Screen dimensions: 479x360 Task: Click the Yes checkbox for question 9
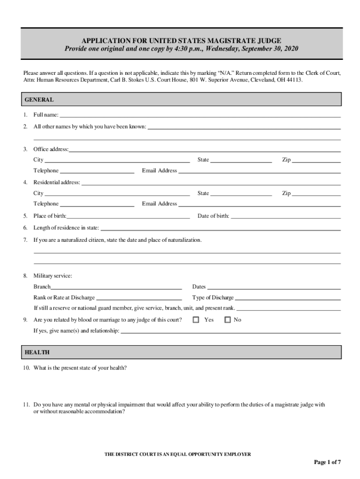click(x=196, y=320)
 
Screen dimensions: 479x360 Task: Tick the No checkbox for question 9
click(x=228, y=320)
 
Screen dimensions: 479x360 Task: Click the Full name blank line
click(x=200, y=115)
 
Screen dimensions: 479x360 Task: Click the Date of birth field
click(x=286, y=217)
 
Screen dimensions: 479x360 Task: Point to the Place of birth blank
click(x=128, y=217)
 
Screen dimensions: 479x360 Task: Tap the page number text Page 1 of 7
click(x=327, y=463)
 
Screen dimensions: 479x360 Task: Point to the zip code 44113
click(x=295, y=80)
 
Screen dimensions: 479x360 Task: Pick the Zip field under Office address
click(x=316, y=160)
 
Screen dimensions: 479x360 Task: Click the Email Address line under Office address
click(x=259, y=171)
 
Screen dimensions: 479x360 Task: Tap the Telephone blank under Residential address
click(x=97, y=204)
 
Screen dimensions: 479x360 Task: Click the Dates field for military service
click(x=274, y=287)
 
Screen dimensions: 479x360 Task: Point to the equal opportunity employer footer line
click(x=177, y=454)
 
